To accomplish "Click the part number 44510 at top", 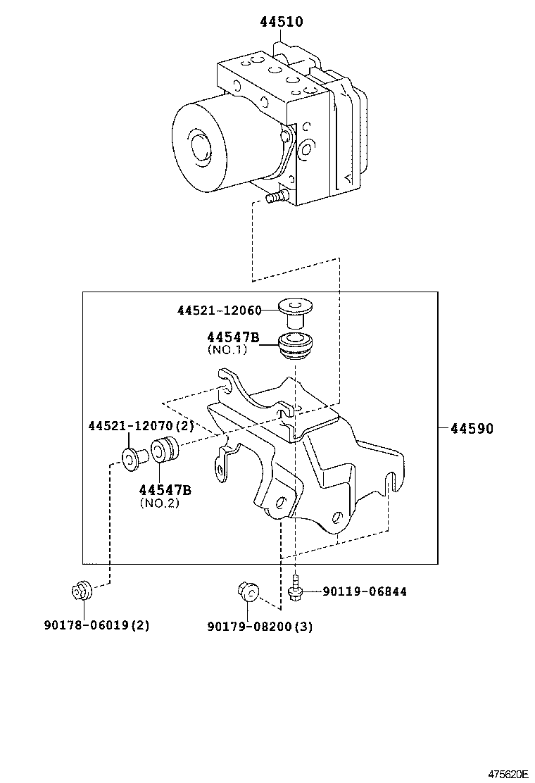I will tap(282, 22).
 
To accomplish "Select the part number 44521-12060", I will tap(219, 311).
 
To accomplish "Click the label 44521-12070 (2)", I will tap(141, 426).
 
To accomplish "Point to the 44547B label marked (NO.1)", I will tap(233, 338).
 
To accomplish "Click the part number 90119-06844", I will tap(364, 591).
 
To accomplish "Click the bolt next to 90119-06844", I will tap(296, 590).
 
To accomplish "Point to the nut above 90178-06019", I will tap(82, 590).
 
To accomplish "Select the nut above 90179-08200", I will tap(247, 590).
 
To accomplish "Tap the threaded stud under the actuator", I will tap(277, 198).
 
